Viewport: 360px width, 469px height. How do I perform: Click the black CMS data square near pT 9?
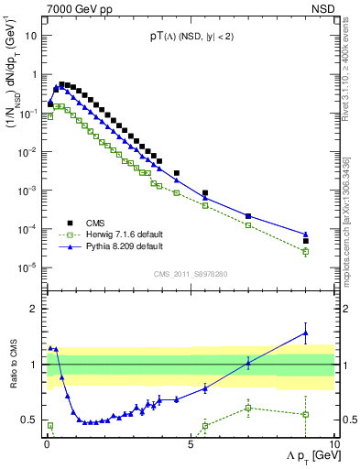pyautogui.click(x=306, y=241)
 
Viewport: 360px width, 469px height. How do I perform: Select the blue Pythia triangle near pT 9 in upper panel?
pyautogui.click(x=306, y=234)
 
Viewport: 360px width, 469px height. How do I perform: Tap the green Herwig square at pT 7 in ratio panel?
pyautogui.click(x=248, y=408)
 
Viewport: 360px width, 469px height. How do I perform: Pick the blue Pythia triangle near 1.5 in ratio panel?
pyautogui.click(x=306, y=333)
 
